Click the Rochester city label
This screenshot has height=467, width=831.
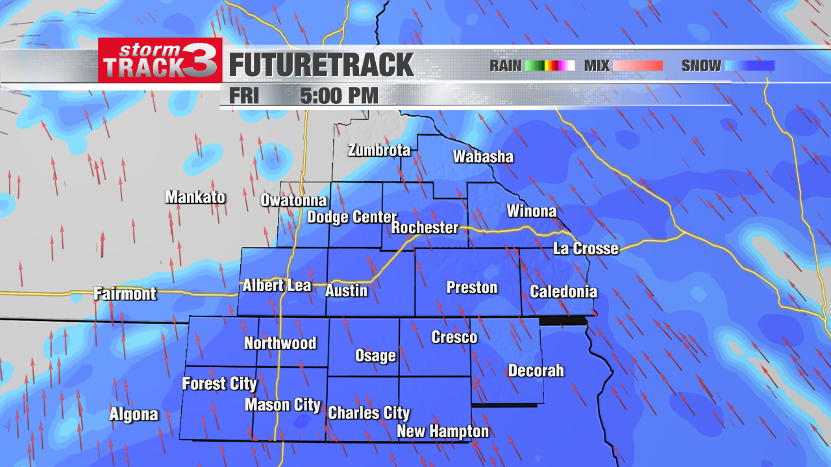coord(425,228)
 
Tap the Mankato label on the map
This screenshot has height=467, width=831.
coord(195,197)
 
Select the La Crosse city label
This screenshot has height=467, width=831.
coord(585,248)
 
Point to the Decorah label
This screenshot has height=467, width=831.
coord(536,371)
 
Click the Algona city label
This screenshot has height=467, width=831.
coord(134,414)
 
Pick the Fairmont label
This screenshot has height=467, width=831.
coord(125,294)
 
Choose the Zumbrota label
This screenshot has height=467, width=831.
coord(379,150)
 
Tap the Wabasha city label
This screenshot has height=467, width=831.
coord(483,156)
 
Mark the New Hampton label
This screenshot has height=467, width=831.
coord(443,431)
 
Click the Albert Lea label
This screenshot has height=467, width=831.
coord(277,285)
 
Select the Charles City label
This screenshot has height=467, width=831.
coord(369,413)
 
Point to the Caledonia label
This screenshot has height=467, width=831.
coord(564,291)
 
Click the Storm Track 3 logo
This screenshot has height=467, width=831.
coord(160,60)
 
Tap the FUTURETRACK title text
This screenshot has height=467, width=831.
coord(321,66)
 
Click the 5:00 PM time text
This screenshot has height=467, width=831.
coord(339,96)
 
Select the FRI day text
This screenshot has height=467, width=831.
coord(244,96)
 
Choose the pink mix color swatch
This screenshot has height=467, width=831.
coord(637,66)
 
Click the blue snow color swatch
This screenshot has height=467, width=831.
coord(749,66)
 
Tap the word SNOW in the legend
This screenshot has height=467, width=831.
coord(701,66)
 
